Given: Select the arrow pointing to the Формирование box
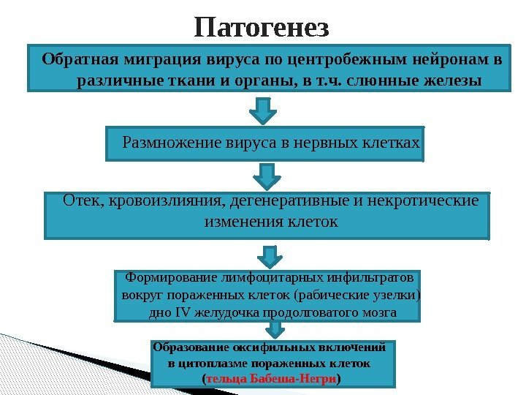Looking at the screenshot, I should tap(270, 255).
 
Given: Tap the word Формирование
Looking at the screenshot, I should tap(166, 279).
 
